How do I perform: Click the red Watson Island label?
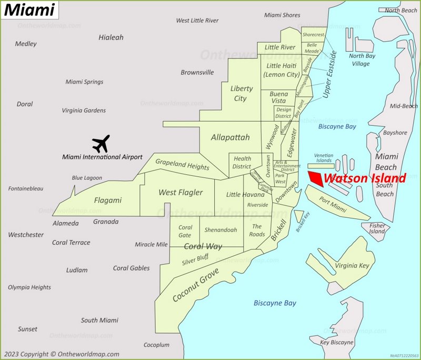point(365,178)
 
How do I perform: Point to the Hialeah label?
point(111,37)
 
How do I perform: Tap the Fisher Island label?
point(377,228)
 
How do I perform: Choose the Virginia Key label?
point(352,266)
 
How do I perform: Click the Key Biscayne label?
point(337,342)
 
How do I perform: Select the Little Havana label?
point(245,195)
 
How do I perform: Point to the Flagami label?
point(107,200)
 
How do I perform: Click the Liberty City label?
point(241,94)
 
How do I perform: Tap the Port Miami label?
point(333,205)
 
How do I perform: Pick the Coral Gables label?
point(131,268)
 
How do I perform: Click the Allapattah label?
point(230,137)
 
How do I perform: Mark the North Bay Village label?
point(362,60)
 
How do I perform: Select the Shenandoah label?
point(220,230)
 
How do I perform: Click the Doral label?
point(25,104)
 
